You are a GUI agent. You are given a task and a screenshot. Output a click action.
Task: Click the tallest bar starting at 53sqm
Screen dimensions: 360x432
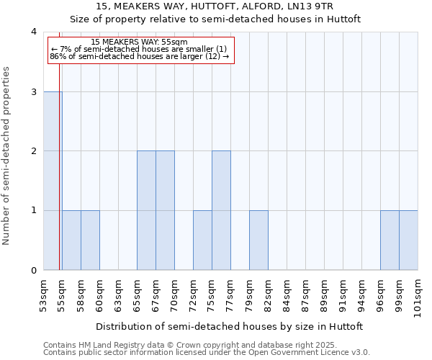[53, 181]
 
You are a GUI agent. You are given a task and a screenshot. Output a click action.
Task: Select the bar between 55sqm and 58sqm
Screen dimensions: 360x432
[71, 240]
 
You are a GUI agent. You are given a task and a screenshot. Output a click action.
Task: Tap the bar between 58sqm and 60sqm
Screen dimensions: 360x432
[90, 240]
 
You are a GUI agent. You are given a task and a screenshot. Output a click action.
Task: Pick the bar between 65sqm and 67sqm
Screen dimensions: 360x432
[146, 210]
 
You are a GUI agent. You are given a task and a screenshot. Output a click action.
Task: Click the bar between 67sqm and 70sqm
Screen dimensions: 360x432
[165, 210]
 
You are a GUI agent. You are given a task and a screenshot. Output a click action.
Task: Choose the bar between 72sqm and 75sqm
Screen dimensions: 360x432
[202, 240]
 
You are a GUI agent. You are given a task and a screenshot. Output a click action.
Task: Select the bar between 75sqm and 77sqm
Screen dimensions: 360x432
[221, 210]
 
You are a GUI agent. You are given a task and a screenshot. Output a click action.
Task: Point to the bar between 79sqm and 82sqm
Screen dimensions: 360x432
[258, 240]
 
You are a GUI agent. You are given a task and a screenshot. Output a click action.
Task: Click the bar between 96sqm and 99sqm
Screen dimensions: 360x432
[390, 240]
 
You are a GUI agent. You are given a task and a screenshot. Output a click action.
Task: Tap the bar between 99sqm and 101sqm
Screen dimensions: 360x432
[408, 240]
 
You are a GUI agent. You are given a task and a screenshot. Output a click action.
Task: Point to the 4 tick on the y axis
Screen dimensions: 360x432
[33, 32]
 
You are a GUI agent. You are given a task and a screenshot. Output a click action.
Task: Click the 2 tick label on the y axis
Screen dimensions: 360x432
[33, 151]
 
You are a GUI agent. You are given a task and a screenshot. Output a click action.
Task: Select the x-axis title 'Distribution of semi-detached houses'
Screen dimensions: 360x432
[229, 326]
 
